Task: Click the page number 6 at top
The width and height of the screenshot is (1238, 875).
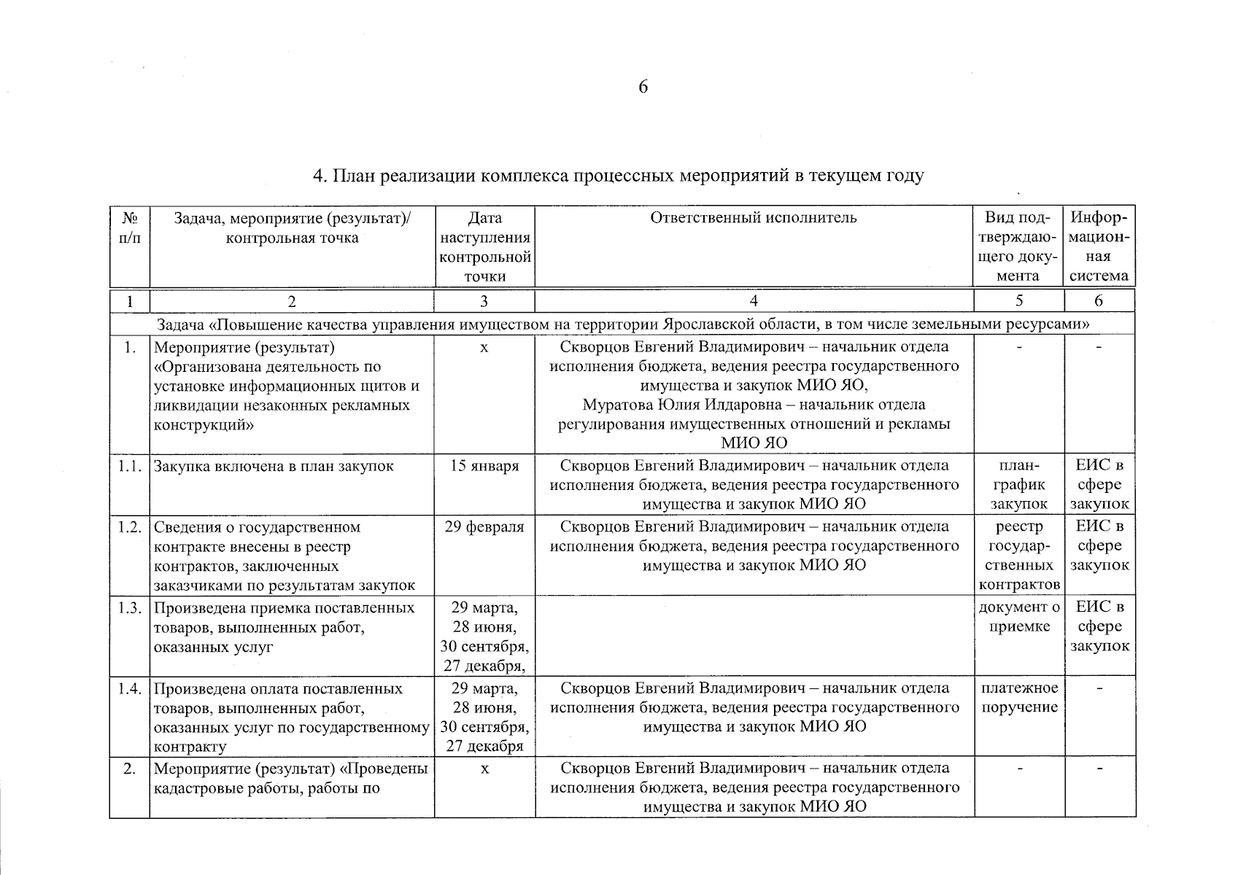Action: click(x=643, y=87)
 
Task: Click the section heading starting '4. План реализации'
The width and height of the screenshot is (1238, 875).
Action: click(x=618, y=176)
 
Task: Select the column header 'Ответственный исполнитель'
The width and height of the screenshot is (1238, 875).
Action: click(x=754, y=217)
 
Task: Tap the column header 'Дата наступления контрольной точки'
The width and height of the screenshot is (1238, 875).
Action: click(x=484, y=246)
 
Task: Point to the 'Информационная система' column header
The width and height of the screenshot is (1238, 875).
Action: click(x=1099, y=246)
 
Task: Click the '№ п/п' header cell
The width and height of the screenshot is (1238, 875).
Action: click(x=130, y=227)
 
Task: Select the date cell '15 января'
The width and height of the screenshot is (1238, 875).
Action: click(x=484, y=466)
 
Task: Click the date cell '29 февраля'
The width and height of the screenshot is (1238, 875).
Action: click(x=484, y=527)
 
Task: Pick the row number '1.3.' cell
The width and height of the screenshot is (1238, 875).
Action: click(x=129, y=608)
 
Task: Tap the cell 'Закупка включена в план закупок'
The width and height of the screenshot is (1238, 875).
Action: click(x=274, y=466)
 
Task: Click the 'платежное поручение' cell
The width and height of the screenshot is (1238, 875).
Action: click(x=1019, y=698)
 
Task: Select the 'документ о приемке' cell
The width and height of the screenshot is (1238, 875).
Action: click(x=1018, y=617)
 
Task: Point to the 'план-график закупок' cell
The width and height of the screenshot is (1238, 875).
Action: click(x=1018, y=484)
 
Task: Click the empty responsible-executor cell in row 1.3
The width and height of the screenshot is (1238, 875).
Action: click(x=754, y=636)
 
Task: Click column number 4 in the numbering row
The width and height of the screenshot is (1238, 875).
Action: click(x=754, y=300)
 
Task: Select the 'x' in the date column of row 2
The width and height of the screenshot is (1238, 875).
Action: click(x=484, y=768)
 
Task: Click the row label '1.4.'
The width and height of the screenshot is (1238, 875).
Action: click(x=129, y=688)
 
